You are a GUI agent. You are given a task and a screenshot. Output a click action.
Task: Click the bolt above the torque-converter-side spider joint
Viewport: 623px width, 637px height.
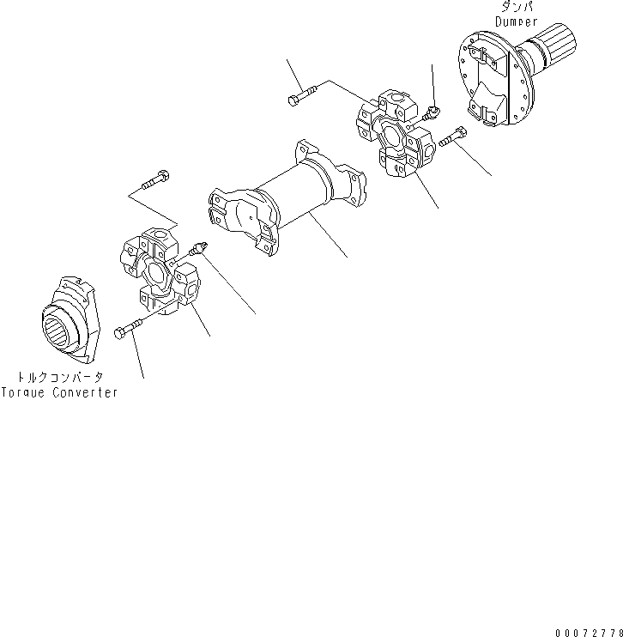pyautogui.click(x=154, y=183)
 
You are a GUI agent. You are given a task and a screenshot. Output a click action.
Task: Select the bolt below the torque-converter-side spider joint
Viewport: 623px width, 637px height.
pyautogui.click(x=128, y=330)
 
